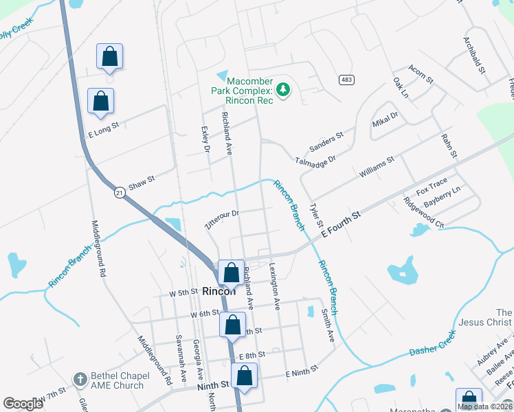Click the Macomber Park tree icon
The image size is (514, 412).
282,89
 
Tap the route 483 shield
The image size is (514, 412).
346,80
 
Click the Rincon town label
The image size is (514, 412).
219,291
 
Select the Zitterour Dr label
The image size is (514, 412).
221,219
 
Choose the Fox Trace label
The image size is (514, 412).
432,185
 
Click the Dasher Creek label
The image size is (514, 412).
433,343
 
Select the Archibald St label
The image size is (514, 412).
475,56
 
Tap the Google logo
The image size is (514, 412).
23,404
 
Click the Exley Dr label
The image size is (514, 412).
204,138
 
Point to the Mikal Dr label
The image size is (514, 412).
385,120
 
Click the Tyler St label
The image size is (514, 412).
316,216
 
